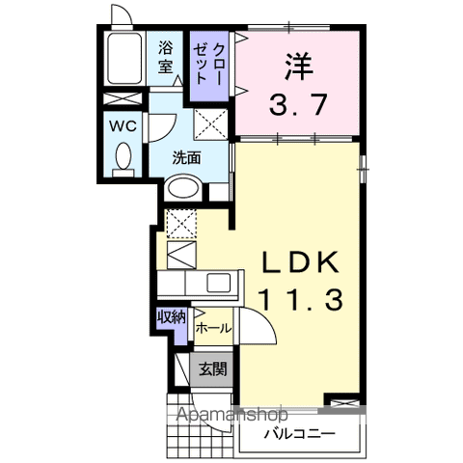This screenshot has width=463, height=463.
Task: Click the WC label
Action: (122, 126)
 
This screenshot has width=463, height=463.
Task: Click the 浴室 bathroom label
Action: (167, 56)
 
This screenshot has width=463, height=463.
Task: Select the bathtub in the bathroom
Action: (123, 59)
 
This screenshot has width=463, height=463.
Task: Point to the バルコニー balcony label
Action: (300, 434)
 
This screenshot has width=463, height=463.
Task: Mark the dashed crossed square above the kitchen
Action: (180, 225)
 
